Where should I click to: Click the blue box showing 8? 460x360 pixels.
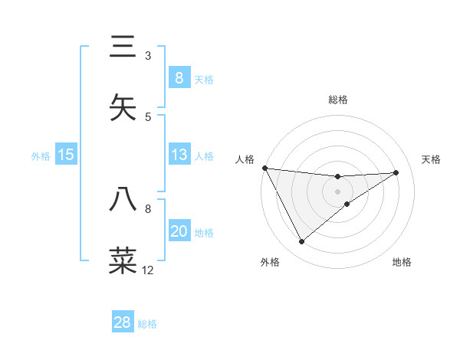[x=179, y=77]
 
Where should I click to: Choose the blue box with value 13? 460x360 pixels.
[x=179, y=155]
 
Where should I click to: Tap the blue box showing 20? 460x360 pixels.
[x=179, y=231]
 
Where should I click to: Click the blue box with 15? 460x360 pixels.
[x=66, y=155]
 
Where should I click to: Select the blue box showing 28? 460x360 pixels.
[x=123, y=322]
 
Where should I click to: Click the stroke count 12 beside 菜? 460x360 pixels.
[x=147, y=270]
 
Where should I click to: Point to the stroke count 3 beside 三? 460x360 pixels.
[x=148, y=56]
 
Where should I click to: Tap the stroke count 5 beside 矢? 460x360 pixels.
[x=148, y=116]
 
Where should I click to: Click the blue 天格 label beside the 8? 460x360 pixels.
[x=204, y=79]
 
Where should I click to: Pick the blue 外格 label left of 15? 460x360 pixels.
[x=41, y=156]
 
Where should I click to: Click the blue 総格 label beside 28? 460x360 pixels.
[x=147, y=324]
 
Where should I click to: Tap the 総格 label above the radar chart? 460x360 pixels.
[x=337, y=100]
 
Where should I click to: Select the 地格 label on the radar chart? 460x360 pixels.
[x=402, y=262]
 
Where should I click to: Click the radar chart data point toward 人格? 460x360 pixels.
[x=264, y=168]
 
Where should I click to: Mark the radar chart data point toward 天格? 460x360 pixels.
[x=396, y=172]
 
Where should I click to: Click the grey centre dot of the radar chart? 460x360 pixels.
[x=337, y=191]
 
